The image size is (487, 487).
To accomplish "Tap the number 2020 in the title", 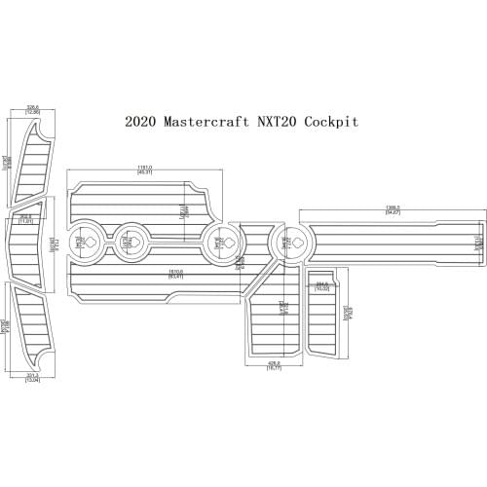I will [x=142, y=123].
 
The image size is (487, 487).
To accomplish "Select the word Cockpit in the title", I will [x=331, y=123].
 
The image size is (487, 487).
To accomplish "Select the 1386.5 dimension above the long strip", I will [x=393, y=208].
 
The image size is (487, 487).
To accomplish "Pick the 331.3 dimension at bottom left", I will [x=31, y=376].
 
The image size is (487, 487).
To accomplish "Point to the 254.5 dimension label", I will [x=322, y=286].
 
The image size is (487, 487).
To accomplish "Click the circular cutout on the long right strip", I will [x=289, y=240].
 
